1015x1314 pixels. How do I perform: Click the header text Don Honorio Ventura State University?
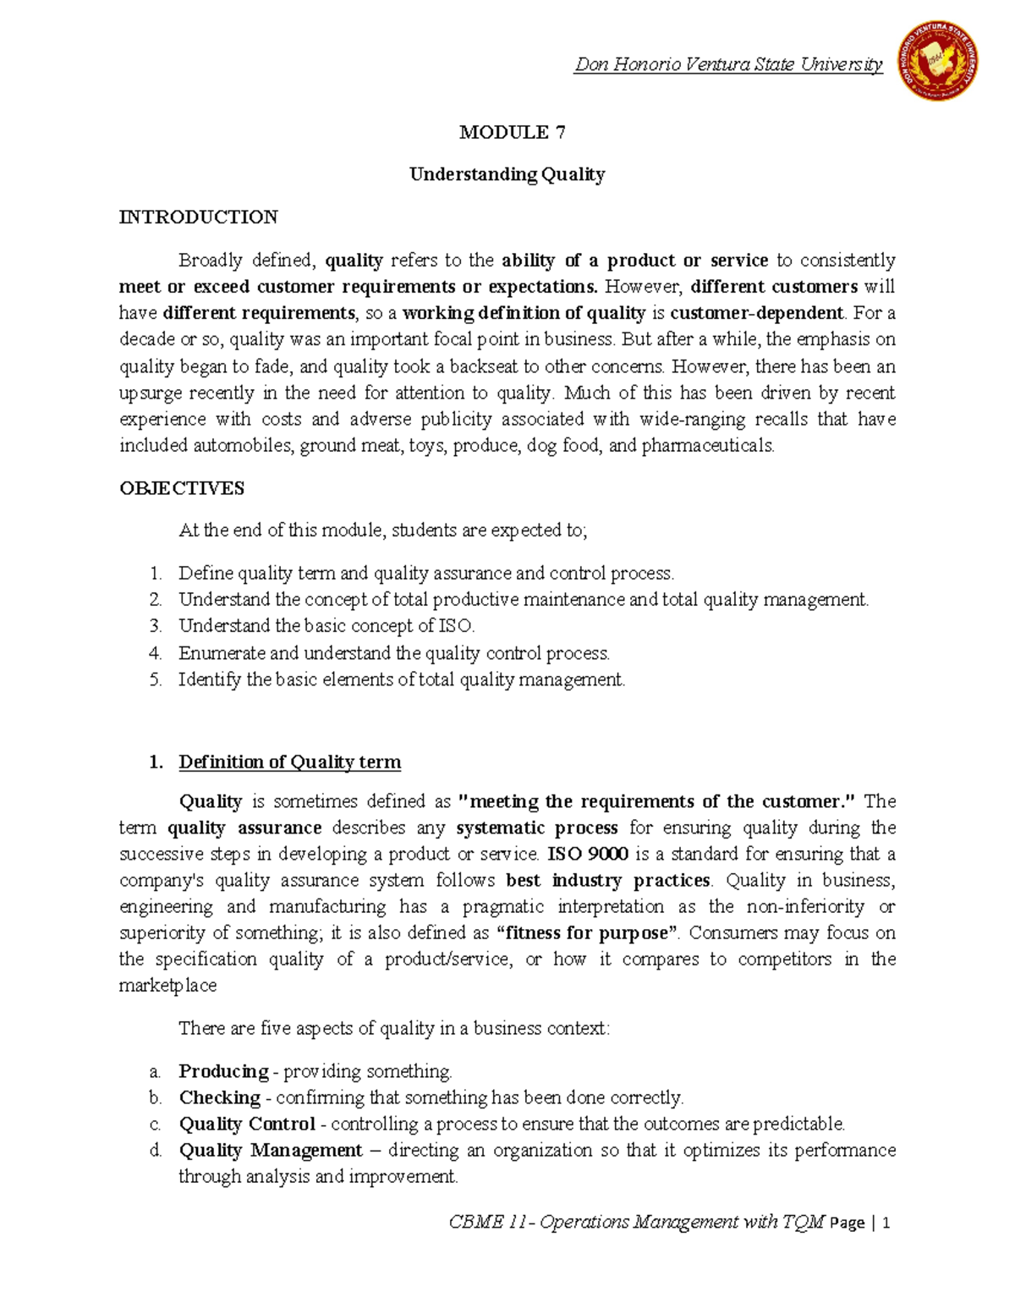tap(728, 64)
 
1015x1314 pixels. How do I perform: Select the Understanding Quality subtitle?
tap(507, 174)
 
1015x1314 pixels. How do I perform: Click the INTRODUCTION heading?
tap(198, 217)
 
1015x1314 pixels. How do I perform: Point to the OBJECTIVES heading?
tap(182, 488)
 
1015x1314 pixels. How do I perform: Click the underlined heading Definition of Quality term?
tap(289, 762)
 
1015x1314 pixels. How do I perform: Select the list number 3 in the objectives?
tap(155, 627)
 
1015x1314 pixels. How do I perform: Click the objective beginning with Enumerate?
tap(393, 653)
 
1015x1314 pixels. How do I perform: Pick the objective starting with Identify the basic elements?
tap(402, 679)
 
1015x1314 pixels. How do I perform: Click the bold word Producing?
tap(223, 1071)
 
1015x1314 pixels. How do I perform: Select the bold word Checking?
tap(219, 1097)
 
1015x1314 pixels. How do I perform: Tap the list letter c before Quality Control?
tap(155, 1124)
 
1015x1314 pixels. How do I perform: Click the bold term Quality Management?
tap(271, 1151)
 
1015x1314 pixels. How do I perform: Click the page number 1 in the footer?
tap(886, 1223)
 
